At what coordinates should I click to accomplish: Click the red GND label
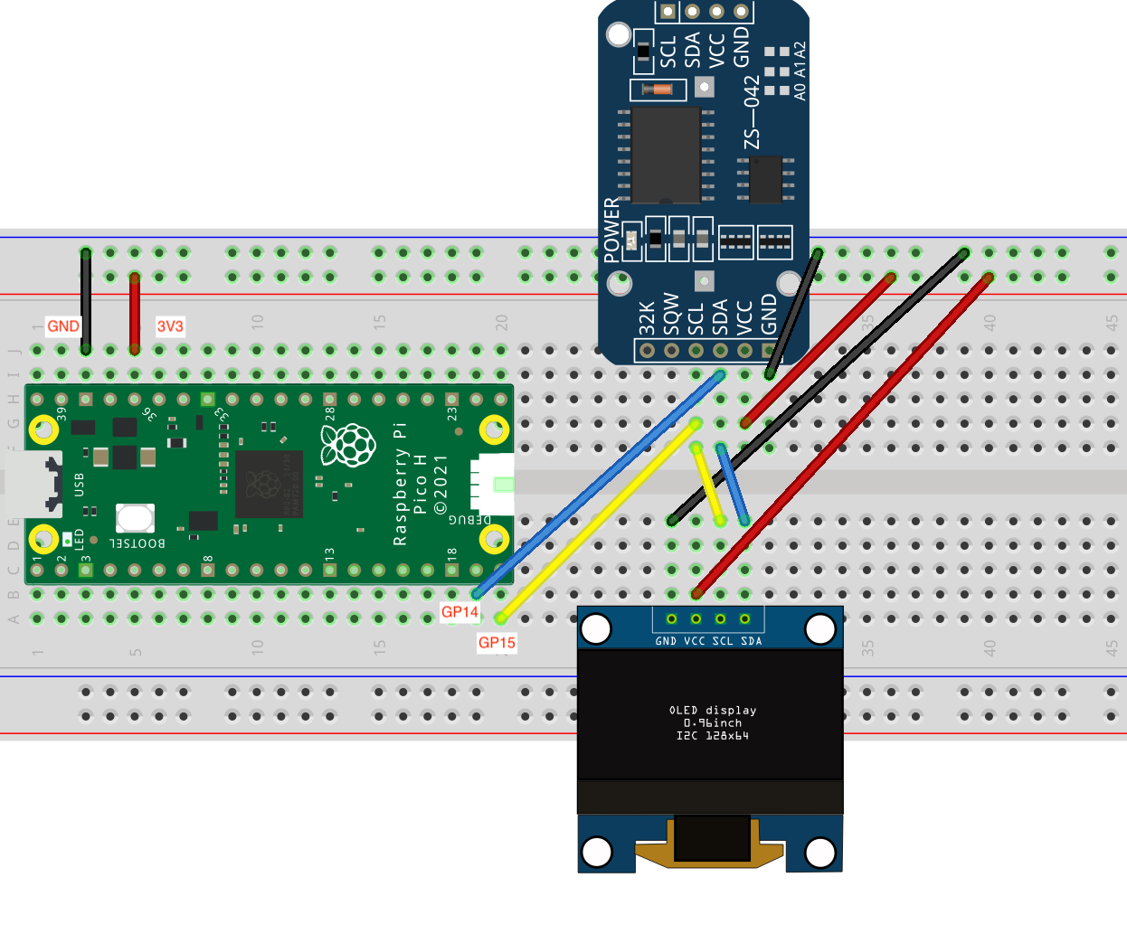click(x=63, y=326)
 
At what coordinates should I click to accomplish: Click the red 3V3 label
click(x=170, y=326)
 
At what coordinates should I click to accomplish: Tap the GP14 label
click(x=459, y=612)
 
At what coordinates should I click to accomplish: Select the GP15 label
click(x=497, y=643)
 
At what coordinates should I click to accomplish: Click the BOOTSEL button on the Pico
click(x=135, y=518)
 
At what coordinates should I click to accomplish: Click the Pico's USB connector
click(x=34, y=483)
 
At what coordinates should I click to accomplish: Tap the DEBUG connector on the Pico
click(x=492, y=484)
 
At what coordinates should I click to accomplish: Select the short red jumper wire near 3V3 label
click(x=135, y=313)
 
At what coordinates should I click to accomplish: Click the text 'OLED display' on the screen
click(x=713, y=711)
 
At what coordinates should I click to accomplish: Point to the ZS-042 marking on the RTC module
click(x=752, y=113)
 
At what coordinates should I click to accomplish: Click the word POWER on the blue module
click(x=612, y=230)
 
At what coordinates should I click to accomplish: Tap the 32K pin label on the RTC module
click(x=647, y=318)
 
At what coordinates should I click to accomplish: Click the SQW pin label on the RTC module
click(x=671, y=314)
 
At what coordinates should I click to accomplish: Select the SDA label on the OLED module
click(x=752, y=641)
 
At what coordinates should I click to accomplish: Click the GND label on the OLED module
click(x=666, y=641)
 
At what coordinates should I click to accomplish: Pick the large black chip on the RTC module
click(x=667, y=155)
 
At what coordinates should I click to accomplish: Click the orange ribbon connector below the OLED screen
click(x=710, y=842)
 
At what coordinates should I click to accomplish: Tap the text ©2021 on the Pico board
click(x=440, y=485)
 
